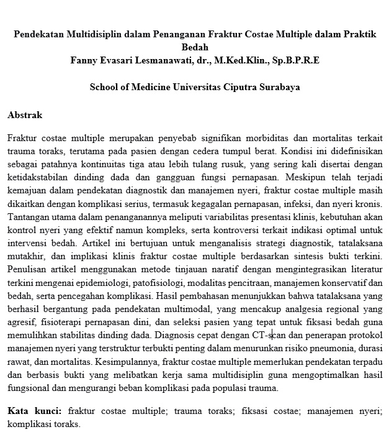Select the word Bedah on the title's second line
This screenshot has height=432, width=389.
click(195, 47)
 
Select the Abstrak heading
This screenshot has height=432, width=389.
click(24, 115)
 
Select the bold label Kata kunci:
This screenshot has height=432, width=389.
click(34, 411)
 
